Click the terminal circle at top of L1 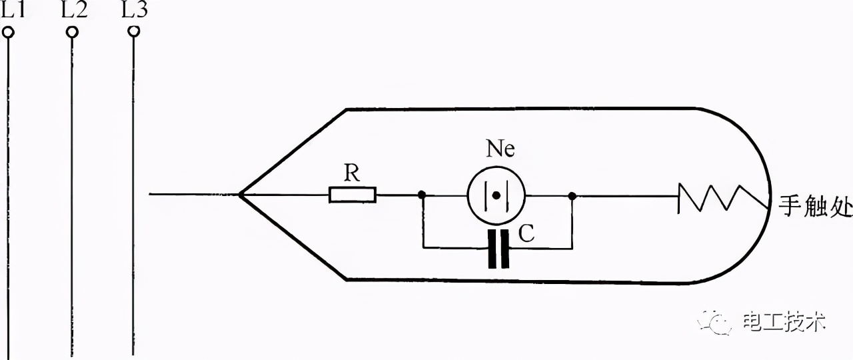[x=9, y=31]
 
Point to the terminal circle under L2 [x=72, y=31]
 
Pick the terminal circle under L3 [x=133, y=31]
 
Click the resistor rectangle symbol [x=353, y=195]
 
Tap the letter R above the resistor [x=352, y=173]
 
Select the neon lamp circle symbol [x=496, y=195]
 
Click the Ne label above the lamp [x=500, y=149]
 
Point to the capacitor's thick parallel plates [x=498, y=249]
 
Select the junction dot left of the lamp [x=422, y=195]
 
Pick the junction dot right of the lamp [x=572, y=196]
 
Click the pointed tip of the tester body [x=241, y=195]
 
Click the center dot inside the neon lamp [x=496, y=196]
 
